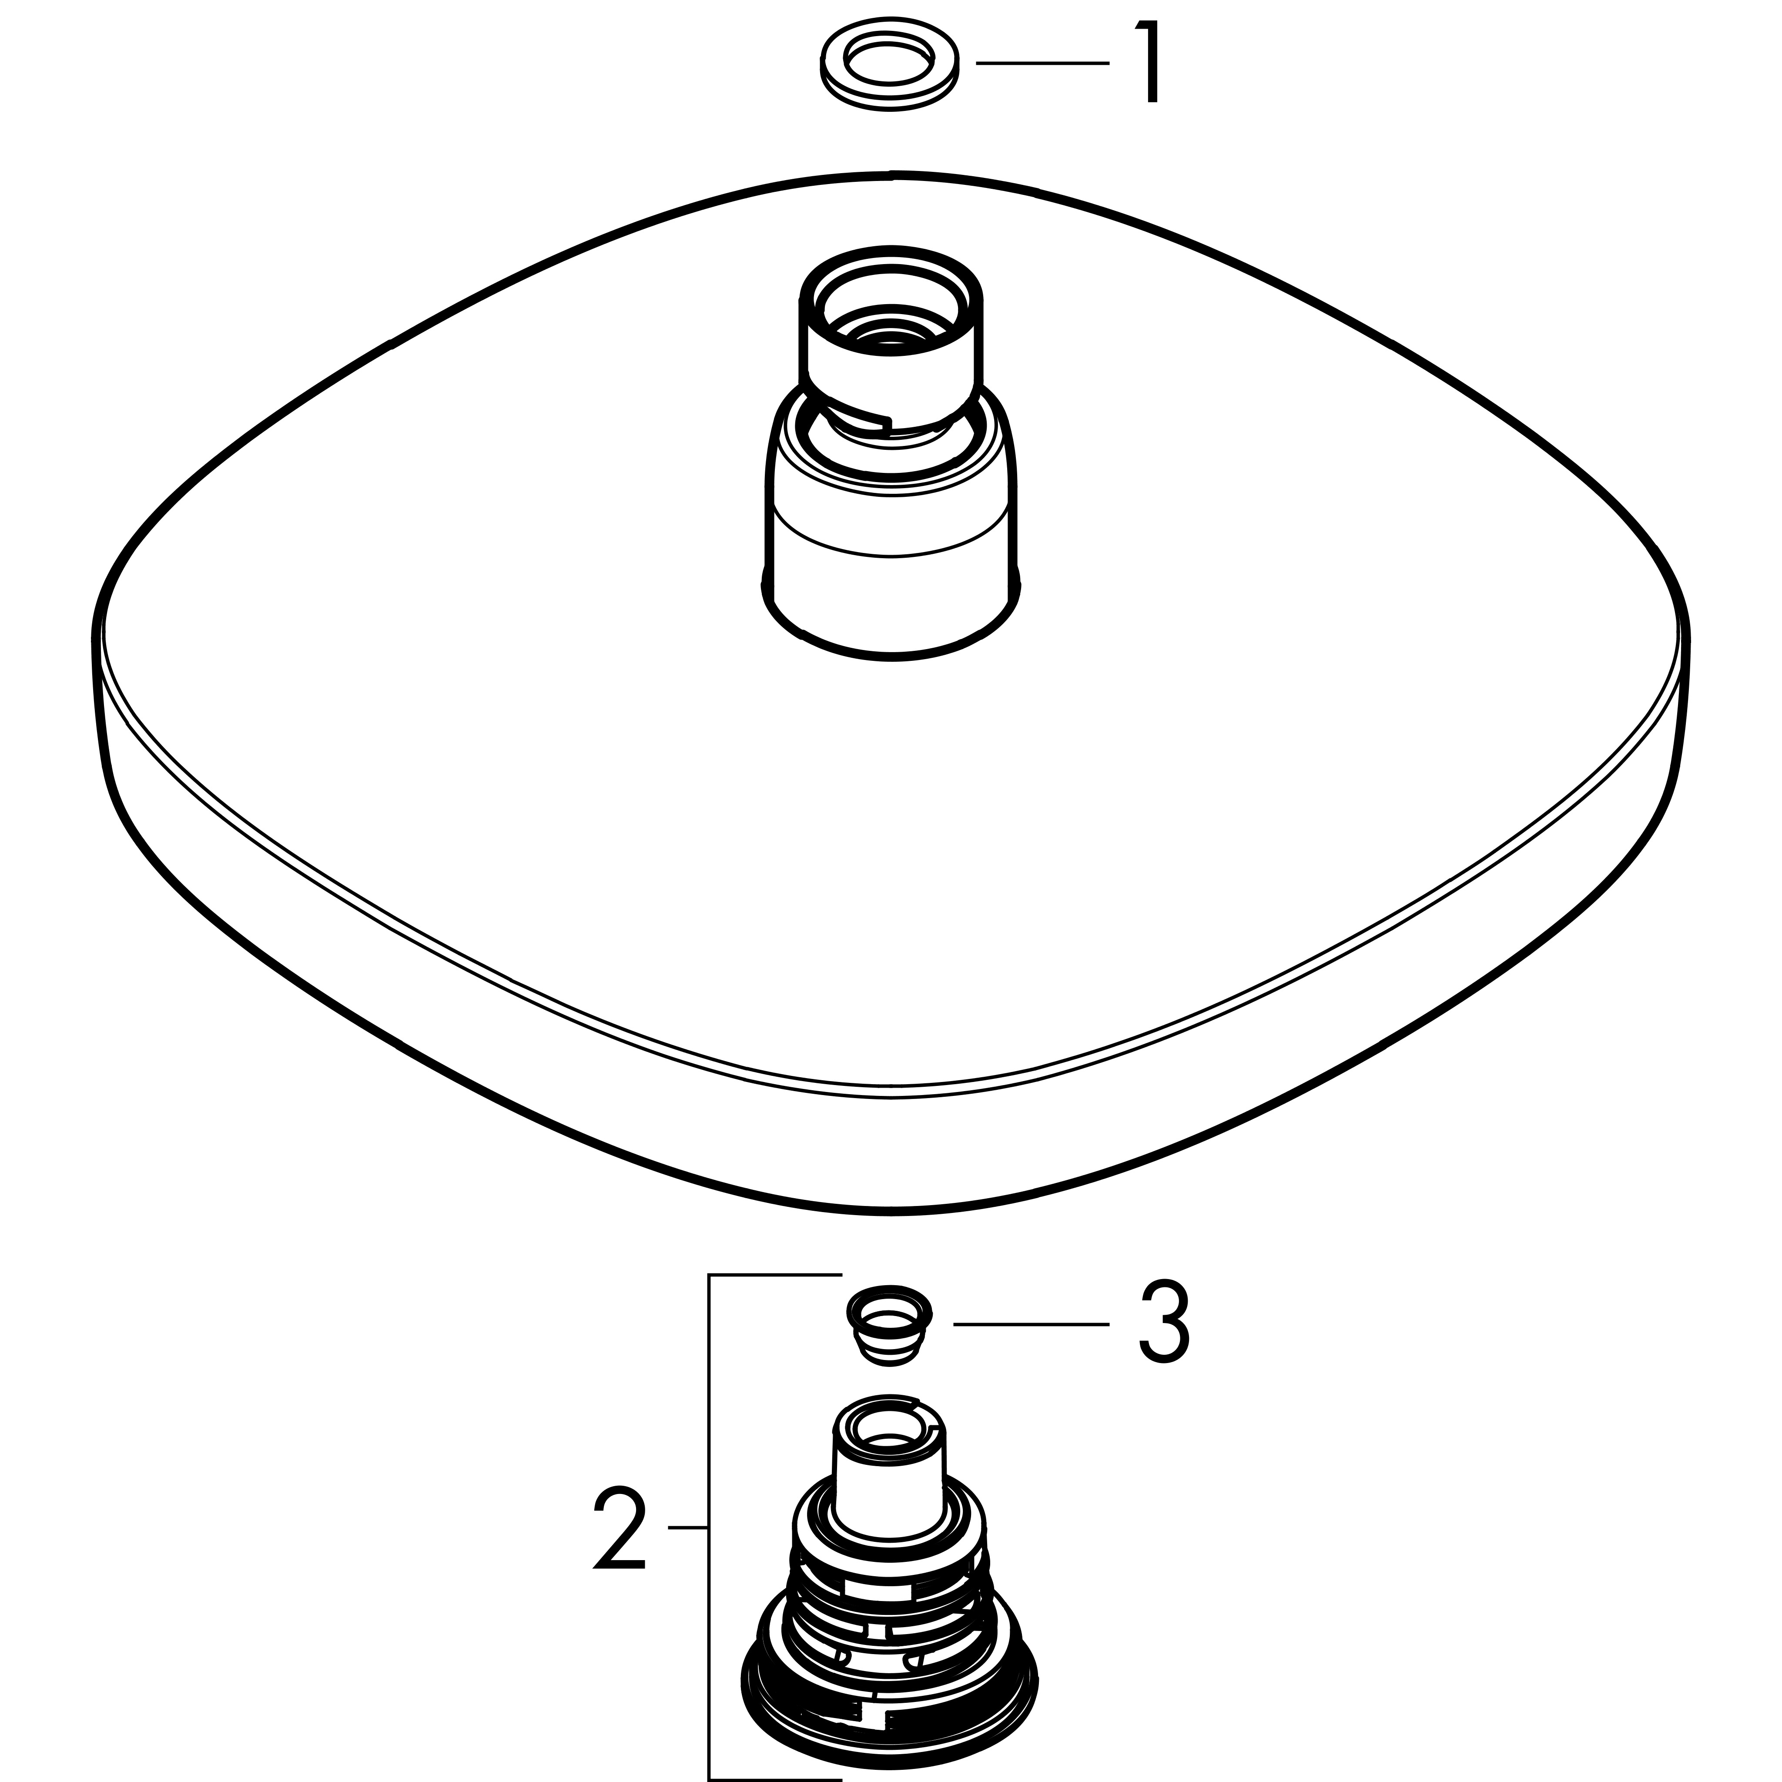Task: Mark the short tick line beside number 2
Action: (687, 1528)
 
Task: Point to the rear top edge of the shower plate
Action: (891, 174)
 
